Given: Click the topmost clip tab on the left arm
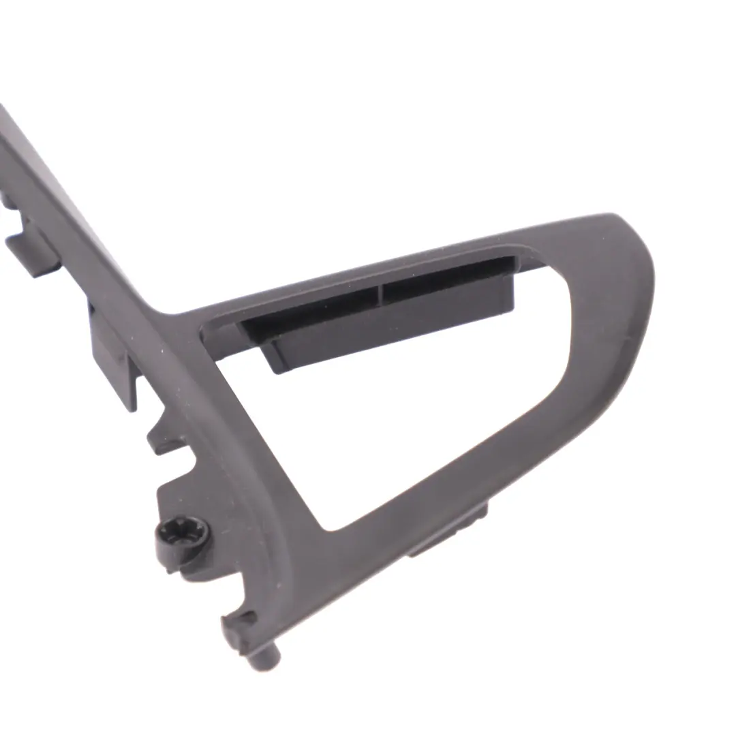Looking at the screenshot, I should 31,252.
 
